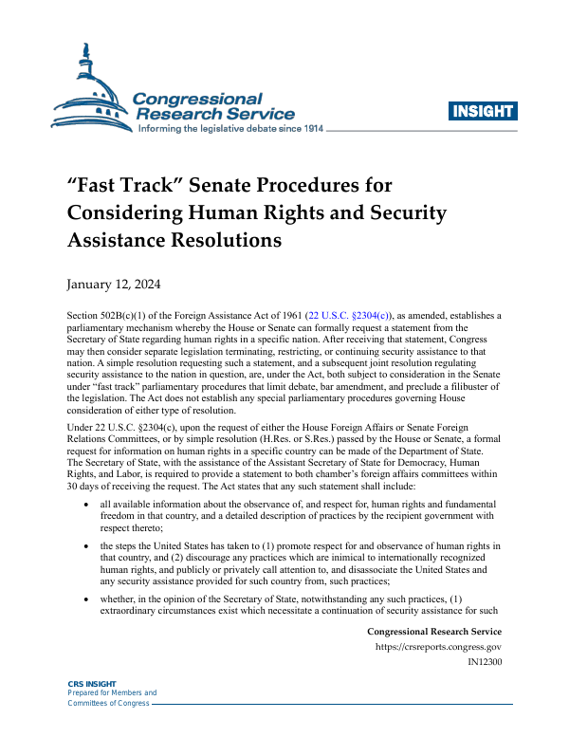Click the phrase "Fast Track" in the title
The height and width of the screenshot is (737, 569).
coord(118,183)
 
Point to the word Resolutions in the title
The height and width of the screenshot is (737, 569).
coord(228,240)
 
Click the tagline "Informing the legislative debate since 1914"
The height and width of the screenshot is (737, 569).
coord(231,128)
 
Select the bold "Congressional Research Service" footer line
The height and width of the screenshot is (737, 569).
coord(433,632)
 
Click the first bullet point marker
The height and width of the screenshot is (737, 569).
coord(87,501)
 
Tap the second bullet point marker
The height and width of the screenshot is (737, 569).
coord(87,546)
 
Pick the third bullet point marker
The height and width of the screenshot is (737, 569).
coord(87,599)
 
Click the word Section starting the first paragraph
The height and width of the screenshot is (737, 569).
coord(83,316)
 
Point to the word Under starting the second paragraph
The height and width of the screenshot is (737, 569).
coord(81,428)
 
